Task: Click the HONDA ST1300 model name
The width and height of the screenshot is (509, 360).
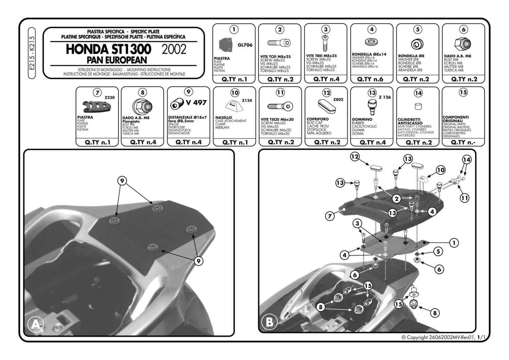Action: pos(108,49)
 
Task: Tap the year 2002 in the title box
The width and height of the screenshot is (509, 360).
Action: pos(174,50)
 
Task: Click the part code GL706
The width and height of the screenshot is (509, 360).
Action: pos(245,45)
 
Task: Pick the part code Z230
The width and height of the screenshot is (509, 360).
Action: pos(109,97)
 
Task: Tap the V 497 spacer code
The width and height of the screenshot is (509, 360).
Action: pos(196,103)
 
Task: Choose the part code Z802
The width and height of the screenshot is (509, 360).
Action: pos(338,100)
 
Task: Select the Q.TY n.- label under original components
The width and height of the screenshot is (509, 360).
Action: pos(463,142)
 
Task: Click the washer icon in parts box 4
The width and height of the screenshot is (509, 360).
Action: pos(372,42)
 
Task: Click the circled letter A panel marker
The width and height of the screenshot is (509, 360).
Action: pos(35,325)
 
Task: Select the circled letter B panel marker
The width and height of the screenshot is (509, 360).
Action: pos(270,321)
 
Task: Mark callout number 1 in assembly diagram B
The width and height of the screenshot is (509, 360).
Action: pos(454,242)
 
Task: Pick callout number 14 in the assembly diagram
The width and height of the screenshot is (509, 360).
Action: pos(467,160)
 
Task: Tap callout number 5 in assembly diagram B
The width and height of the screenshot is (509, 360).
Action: pos(438,251)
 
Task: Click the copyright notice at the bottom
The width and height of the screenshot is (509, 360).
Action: pos(443,337)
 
